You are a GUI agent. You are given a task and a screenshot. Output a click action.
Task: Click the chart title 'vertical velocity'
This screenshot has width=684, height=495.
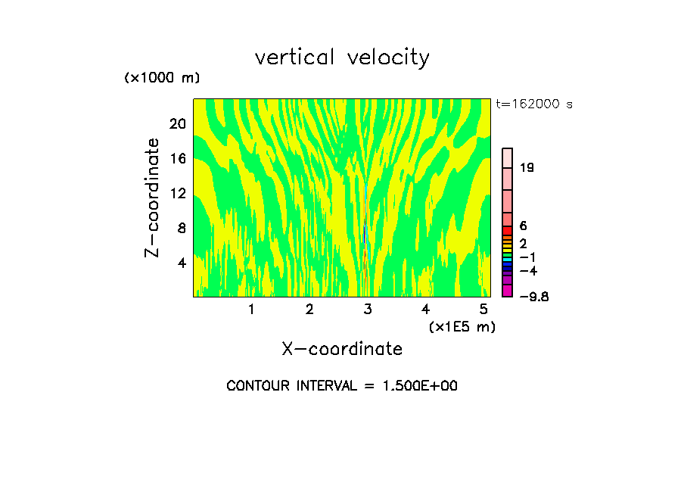click(x=342, y=58)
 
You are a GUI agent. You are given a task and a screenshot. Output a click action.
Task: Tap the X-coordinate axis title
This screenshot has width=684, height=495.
click(x=342, y=349)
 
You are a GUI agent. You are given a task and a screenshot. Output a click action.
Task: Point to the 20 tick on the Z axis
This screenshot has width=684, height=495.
click(x=176, y=123)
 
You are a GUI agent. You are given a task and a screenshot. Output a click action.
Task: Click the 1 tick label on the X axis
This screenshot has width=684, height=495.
click(x=251, y=310)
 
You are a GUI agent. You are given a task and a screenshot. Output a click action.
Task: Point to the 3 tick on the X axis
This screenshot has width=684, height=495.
click(x=368, y=310)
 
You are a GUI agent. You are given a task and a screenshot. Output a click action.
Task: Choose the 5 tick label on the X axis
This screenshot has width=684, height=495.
click(x=483, y=310)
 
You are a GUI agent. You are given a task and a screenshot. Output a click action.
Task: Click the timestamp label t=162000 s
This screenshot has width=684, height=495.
click(x=534, y=104)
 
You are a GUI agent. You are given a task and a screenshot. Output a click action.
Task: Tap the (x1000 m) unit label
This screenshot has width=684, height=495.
click(x=162, y=79)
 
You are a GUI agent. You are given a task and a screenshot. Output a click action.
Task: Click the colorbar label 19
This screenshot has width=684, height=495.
click(x=527, y=167)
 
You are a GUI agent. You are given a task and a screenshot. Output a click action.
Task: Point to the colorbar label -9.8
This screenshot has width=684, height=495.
click(x=534, y=297)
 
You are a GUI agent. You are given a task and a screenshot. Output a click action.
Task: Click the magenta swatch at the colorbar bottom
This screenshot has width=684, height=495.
click(x=508, y=291)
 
